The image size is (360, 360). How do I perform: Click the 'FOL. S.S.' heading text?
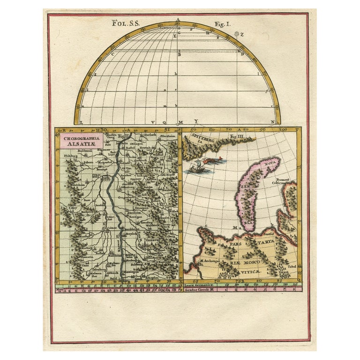[x=124, y=22]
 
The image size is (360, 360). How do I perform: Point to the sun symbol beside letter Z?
[x=237, y=34]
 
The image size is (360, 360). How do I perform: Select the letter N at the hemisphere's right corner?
[x=272, y=123]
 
